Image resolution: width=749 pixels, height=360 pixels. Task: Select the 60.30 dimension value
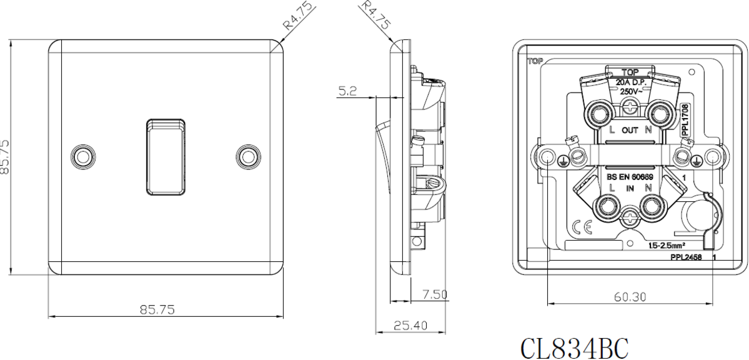click(629, 297)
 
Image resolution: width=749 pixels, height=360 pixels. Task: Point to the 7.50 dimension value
click(433, 294)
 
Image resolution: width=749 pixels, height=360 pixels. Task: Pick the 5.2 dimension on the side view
click(348, 92)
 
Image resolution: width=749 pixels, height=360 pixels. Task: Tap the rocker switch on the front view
click(166, 156)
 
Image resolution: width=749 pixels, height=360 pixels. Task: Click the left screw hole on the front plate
click(82, 156)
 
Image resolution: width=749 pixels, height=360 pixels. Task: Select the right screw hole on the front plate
click(249, 156)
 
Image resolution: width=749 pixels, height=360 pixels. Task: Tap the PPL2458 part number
click(685, 257)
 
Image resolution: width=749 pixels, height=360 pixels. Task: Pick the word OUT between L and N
click(629, 131)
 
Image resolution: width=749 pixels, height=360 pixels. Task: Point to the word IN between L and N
click(629, 188)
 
